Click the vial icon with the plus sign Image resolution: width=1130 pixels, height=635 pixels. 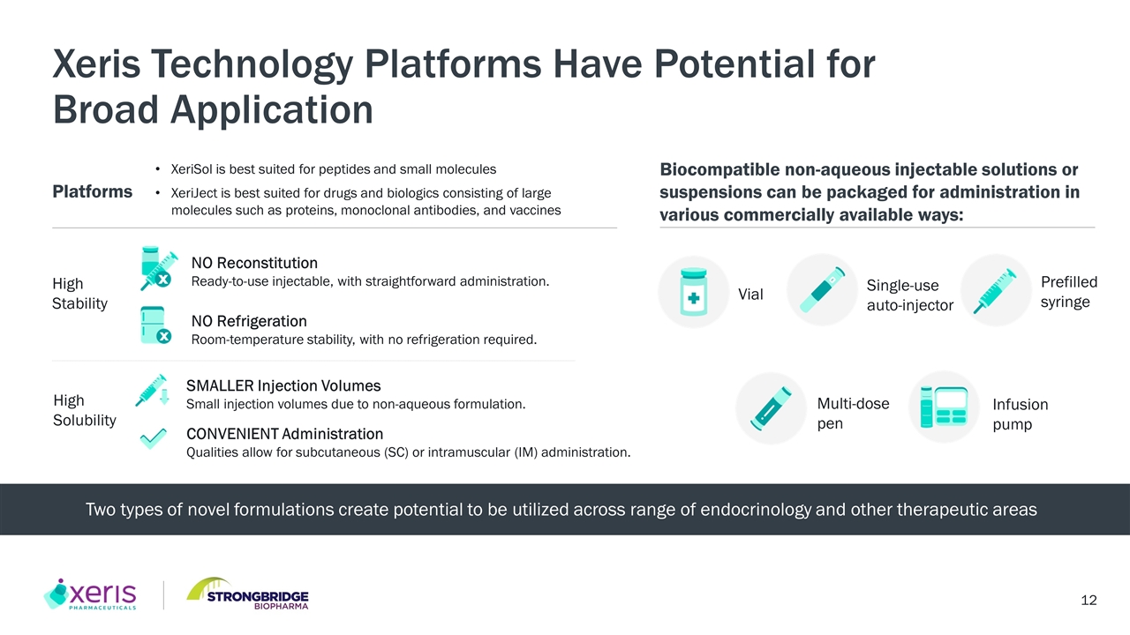pyautogui.click(x=694, y=292)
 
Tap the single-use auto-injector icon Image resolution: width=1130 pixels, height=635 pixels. pyautogui.click(x=822, y=290)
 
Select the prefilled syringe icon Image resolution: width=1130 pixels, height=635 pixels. pyautogui.click(x=995, y=291)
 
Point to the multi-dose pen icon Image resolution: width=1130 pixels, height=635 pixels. pyautogui.click(x=771, y=408)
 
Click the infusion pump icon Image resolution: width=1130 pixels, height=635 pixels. pyautogui.click(x=944, y=407)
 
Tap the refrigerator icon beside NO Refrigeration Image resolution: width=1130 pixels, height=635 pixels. pyautogui.click(x=155, y=325)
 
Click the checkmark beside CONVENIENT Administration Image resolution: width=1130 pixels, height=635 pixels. pyautogui.click(x=153, y=438)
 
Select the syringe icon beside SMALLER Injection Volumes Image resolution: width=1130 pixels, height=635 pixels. pyautogui.click(x=152, y=390)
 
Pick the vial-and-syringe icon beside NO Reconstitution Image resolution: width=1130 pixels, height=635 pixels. pyautogui.click(x=158, y=268)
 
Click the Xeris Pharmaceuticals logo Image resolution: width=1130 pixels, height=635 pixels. pyautogui.click(x=90, y=594)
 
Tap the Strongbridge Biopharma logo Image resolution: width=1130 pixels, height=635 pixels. pyautogui.click(x=248, y=594)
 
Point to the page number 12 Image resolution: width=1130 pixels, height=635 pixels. pyautogui.click(x=1089, y=601)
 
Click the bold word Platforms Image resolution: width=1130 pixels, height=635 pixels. pyautogui.click(x=93, y=191)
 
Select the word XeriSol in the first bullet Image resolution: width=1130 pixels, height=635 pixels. pyautogui.click(x=192, y=169)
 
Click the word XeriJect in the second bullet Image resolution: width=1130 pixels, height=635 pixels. pyautogui.click(x=193, y=193)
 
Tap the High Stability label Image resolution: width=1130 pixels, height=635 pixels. pyautogui.click(x=79, y=294)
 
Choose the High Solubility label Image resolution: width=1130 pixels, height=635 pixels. pyautogui.click(x=84, y=410)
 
